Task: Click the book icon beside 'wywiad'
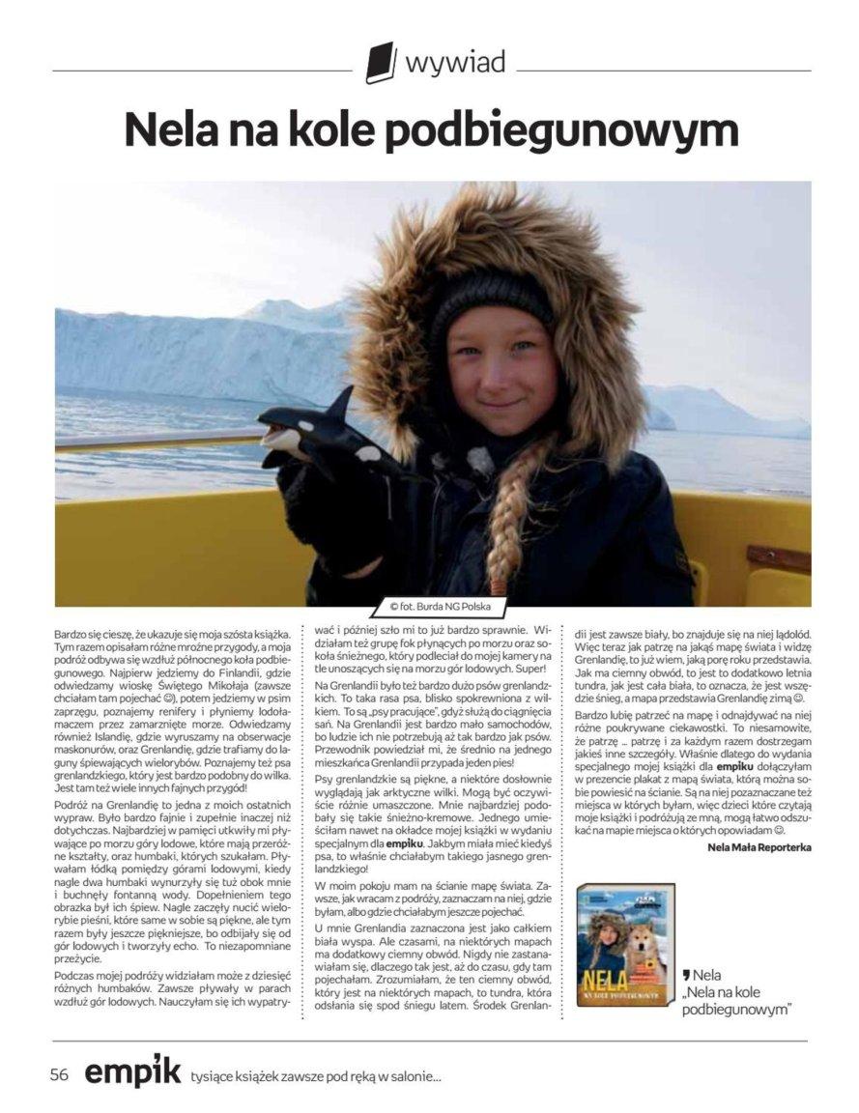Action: pyautogui.click(x=381, y=63)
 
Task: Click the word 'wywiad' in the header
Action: pyautogui.click(x=454, y=64)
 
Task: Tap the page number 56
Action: pyautogui.click(x=60, y=1074)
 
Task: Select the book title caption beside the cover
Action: pyautogui.click(x=736, y=993)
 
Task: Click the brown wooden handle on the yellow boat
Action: pyautogui.click(x=777, y=558)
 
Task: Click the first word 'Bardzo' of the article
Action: pyautogui.click(x=72, y=632)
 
